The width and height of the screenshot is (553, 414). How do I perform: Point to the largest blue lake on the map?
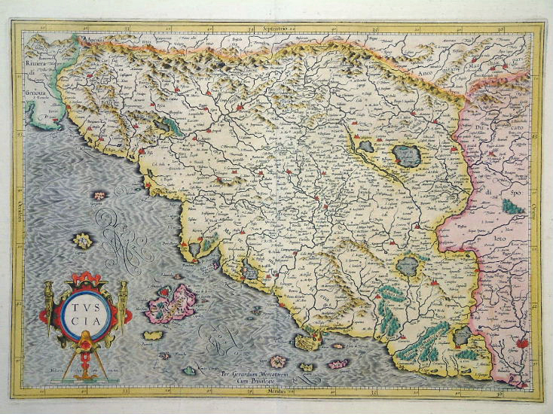[407, 155]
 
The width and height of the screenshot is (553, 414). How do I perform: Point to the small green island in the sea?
[189, 370]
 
